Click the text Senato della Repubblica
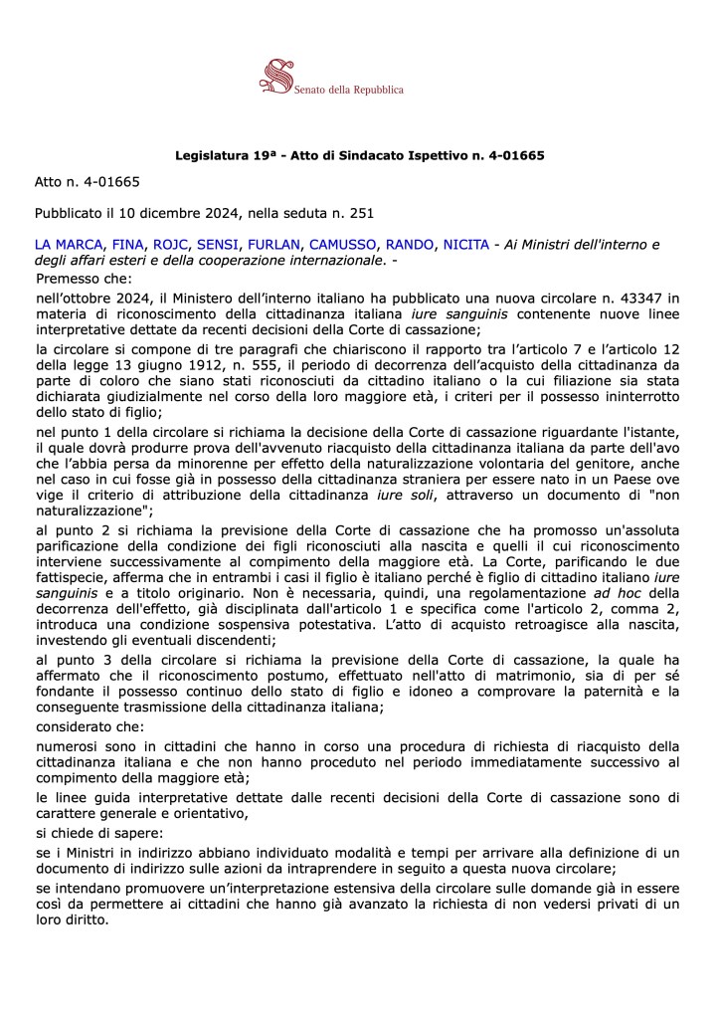tap(349, 90)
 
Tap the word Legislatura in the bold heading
tap(211, 156)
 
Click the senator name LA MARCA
tap(68, 245)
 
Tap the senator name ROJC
tap(172, 245)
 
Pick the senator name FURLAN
tap(272, 245)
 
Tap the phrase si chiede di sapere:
tap(99, 830)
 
